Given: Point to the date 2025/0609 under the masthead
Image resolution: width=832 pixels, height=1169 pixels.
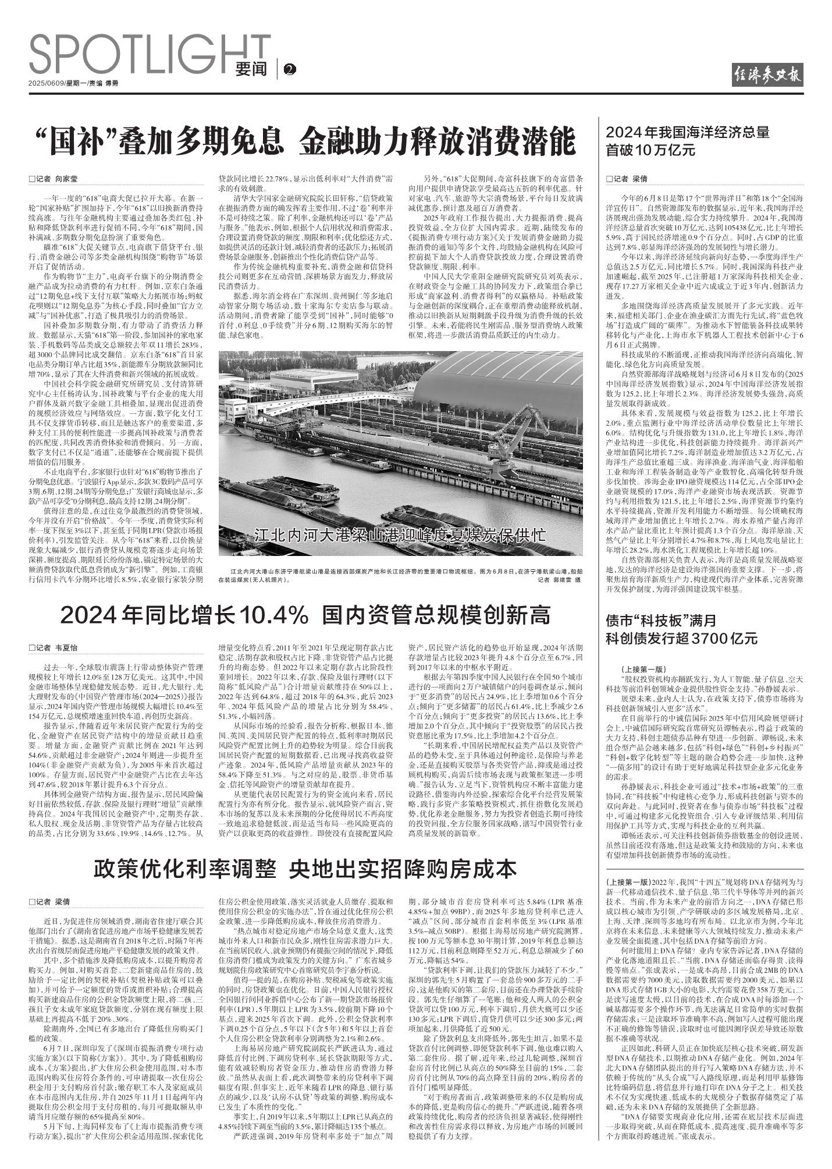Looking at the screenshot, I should point(47,84).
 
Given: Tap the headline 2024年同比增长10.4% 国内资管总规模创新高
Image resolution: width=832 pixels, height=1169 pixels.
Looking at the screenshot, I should point(305,615).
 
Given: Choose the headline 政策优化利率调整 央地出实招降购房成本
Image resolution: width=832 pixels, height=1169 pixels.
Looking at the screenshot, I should point(305,869).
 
